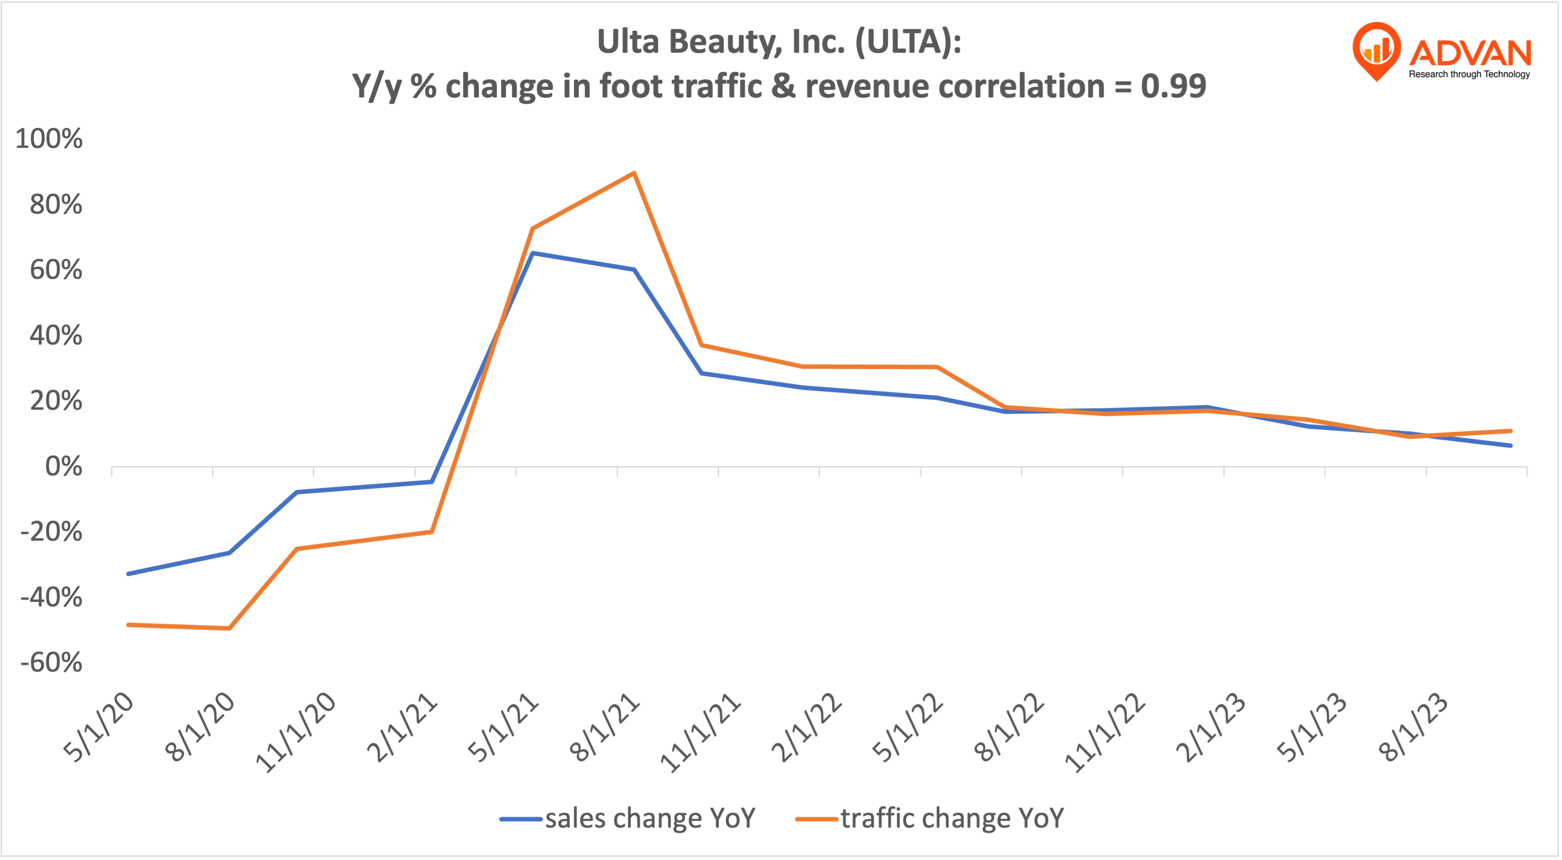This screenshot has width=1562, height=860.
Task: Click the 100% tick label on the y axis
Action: pos(49,139)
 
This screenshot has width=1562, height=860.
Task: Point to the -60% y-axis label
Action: pos(51,662)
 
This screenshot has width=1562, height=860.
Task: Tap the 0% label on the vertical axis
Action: pos(64,467)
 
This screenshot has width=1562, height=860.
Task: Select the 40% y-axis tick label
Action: pos(56,336)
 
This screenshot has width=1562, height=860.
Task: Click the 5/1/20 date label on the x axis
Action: pos(98,727)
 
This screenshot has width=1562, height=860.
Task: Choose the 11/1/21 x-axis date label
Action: pos(700,733)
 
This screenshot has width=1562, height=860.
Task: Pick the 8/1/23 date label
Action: pos(1413,727)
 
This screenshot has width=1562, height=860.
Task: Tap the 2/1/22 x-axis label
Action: pos(807,727)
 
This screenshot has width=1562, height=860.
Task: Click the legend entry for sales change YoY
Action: pos(628,818)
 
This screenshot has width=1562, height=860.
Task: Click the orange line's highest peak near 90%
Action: pos(634,173)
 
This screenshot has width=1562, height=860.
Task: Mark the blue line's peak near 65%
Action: pos(532,253)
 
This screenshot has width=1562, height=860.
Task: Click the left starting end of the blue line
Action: pos(128,574)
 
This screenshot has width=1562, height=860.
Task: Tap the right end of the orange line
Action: pos(1511,431)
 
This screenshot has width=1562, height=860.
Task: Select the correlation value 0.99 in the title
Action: pos(1173,86)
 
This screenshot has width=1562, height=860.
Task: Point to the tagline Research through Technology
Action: pos(1469,74)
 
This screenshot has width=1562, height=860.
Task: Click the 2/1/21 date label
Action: pos(402,727)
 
